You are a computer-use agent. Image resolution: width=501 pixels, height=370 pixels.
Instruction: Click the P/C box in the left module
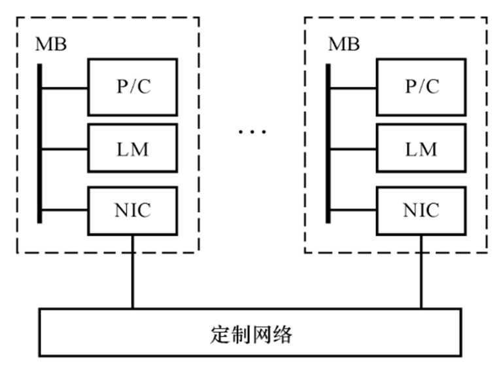point(133,86)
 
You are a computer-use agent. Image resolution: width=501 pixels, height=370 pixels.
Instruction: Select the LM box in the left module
point(133,149)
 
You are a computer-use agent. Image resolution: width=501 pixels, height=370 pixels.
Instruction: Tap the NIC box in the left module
point(133,210)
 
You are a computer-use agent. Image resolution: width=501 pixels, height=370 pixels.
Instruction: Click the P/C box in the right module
point(421,86)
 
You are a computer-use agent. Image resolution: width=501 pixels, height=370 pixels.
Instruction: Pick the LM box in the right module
point(421,149)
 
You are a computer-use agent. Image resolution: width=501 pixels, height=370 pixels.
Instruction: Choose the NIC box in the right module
point(421,210)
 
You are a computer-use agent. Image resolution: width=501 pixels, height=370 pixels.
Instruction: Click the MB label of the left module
point(50,45)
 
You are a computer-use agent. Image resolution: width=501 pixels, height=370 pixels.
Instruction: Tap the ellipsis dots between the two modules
point(252,132)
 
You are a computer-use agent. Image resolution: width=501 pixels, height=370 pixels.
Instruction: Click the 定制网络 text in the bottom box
point(252,335)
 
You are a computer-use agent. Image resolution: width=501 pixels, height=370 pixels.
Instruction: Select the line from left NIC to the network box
point(133,271)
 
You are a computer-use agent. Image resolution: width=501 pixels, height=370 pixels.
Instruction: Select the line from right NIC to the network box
point(421,271)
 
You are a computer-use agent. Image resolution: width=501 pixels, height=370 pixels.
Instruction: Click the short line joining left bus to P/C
point(65,87)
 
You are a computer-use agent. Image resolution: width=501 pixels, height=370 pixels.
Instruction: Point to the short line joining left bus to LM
point(65,149)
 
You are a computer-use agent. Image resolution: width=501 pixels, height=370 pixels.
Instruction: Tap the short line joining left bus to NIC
point(65,210)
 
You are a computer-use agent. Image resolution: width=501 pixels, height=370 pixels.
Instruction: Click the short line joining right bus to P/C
point(353,87)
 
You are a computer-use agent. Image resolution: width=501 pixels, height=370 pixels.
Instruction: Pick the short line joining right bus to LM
point(353,149)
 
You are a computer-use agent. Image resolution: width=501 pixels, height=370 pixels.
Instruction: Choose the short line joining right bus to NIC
point(353,210)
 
